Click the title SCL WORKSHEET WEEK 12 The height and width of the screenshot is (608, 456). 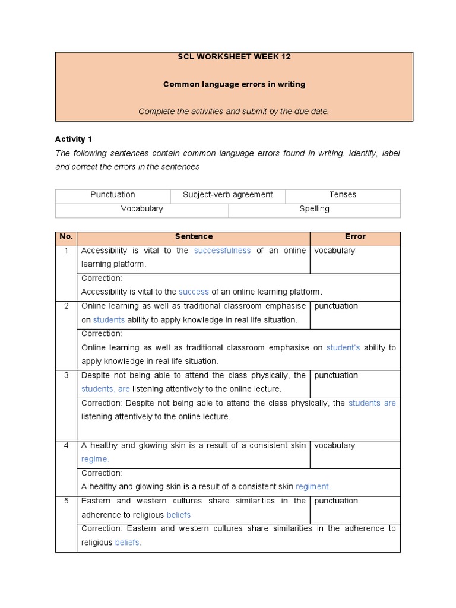234,57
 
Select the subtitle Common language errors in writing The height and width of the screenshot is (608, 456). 234,84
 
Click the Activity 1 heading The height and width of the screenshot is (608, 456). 74,140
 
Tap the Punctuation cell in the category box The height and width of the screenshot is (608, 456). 113,195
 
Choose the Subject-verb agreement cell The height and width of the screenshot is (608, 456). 228,195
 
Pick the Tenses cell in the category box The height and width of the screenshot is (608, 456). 343,195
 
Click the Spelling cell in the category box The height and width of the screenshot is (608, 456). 314,209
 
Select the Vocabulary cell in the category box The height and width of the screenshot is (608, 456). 142,209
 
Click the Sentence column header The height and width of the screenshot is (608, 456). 194,237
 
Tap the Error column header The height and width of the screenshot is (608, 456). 355,237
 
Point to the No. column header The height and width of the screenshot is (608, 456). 66,237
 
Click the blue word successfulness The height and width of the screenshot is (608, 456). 222,251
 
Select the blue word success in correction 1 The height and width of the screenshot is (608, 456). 194,292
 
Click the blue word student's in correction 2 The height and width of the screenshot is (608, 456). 343,348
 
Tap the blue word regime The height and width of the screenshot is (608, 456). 95,459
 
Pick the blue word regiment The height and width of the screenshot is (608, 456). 313,486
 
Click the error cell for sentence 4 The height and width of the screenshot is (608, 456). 355,452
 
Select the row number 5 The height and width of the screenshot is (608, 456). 66,501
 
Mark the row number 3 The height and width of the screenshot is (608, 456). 66,376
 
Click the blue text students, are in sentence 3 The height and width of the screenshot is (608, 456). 106,389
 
